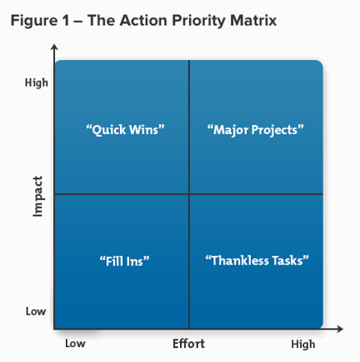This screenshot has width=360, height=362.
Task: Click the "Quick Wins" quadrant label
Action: pos(125,130)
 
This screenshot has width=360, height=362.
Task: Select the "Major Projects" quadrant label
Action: pos(256,130)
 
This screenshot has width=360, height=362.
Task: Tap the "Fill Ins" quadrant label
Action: pos(124,261)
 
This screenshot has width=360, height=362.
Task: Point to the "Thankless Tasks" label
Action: pos(257,261)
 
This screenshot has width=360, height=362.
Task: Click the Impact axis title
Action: pos(38,196)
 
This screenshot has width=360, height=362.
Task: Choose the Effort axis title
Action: pos(188,344)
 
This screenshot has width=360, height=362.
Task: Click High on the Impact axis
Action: pos(37,83)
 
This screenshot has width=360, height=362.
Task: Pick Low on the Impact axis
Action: pos(36,311)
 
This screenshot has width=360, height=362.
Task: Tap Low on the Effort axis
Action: pos(75,344)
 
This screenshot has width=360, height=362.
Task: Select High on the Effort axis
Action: pos(303,344)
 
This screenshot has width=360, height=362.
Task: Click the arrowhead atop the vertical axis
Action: pos(54,47)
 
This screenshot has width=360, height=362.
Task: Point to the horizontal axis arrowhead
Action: pos(340,329)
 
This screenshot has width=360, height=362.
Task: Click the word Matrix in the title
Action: pos(253,21)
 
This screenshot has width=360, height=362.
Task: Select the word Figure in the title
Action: pos(34,22)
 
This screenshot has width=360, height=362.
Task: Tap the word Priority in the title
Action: pos(199,22)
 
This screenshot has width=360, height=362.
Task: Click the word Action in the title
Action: pos(143,21)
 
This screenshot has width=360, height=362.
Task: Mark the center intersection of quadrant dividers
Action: pos(189,194)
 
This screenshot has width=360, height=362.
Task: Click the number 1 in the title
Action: pos(66,21)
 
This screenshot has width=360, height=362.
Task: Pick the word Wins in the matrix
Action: pos(147,130)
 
